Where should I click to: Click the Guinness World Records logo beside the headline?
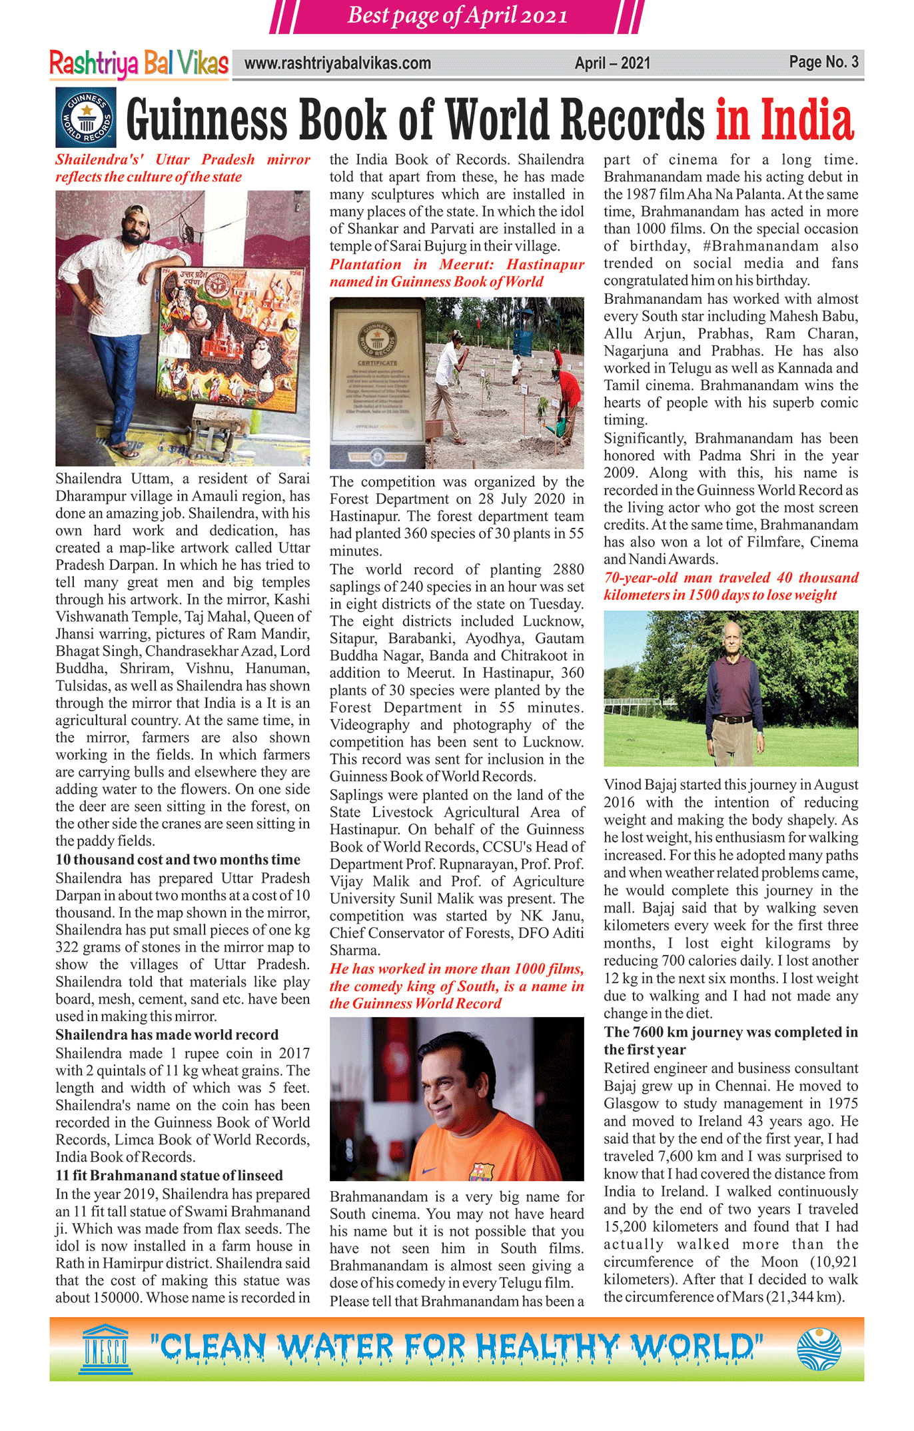coord(86,117)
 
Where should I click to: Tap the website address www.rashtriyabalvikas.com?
coord(337,64)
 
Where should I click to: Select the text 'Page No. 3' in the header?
coord(823,63)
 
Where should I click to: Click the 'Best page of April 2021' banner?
coord(457,15)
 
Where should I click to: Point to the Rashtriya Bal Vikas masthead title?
coord(139,64)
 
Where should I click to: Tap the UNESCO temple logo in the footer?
coord(107,1349)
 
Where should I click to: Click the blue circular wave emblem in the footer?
coord(819,1349)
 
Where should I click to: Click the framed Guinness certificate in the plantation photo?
coord(377,382)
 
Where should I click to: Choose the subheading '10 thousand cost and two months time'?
coord(178,860)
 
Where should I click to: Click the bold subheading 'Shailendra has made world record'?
coord(167,1034)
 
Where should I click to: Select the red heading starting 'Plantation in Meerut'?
coord(456,273)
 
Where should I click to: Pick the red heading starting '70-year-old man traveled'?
coord(731,587)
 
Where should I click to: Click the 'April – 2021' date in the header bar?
coord(612,64)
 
